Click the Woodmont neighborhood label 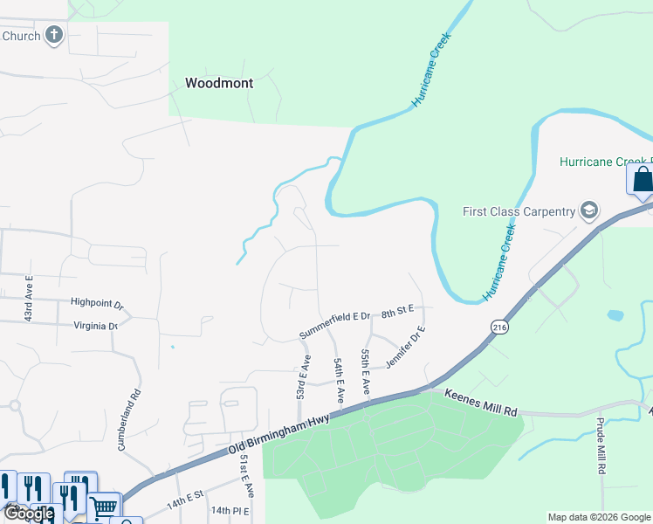point(219,84)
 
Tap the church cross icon point(54,36)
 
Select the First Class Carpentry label point(519,211)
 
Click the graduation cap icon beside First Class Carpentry point(589,210)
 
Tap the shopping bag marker point(642,179)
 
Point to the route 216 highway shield point(498,327)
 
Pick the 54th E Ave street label point(337,380)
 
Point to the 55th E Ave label point(367,372)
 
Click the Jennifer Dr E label point(405,347)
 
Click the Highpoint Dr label point(97,303)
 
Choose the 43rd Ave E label point(29,298)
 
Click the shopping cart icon point(105,507)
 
